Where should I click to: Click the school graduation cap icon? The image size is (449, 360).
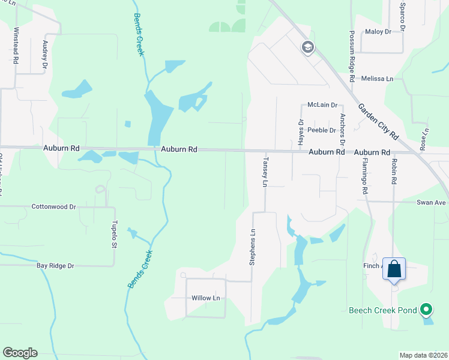tap(308, 47)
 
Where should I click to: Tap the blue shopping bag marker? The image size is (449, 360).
tap(394, 268)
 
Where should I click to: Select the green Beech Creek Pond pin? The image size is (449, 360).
tap(426, 310)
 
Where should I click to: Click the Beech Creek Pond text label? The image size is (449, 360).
tap(382, 311)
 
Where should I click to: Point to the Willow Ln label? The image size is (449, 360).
tap(206, 298)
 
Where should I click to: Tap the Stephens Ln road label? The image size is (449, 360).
tap(253, 247)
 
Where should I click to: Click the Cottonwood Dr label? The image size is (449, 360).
tap(55, 206)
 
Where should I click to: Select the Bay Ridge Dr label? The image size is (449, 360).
tap(55, 265)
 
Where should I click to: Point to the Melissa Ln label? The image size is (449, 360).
tap(378, 79)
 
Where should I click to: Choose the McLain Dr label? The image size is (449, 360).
tap(322, 104)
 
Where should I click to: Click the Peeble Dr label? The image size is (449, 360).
tap(321, 130)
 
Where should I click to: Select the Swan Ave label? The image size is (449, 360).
tap(432, 203)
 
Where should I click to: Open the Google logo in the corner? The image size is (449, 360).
tap(20, 353)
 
